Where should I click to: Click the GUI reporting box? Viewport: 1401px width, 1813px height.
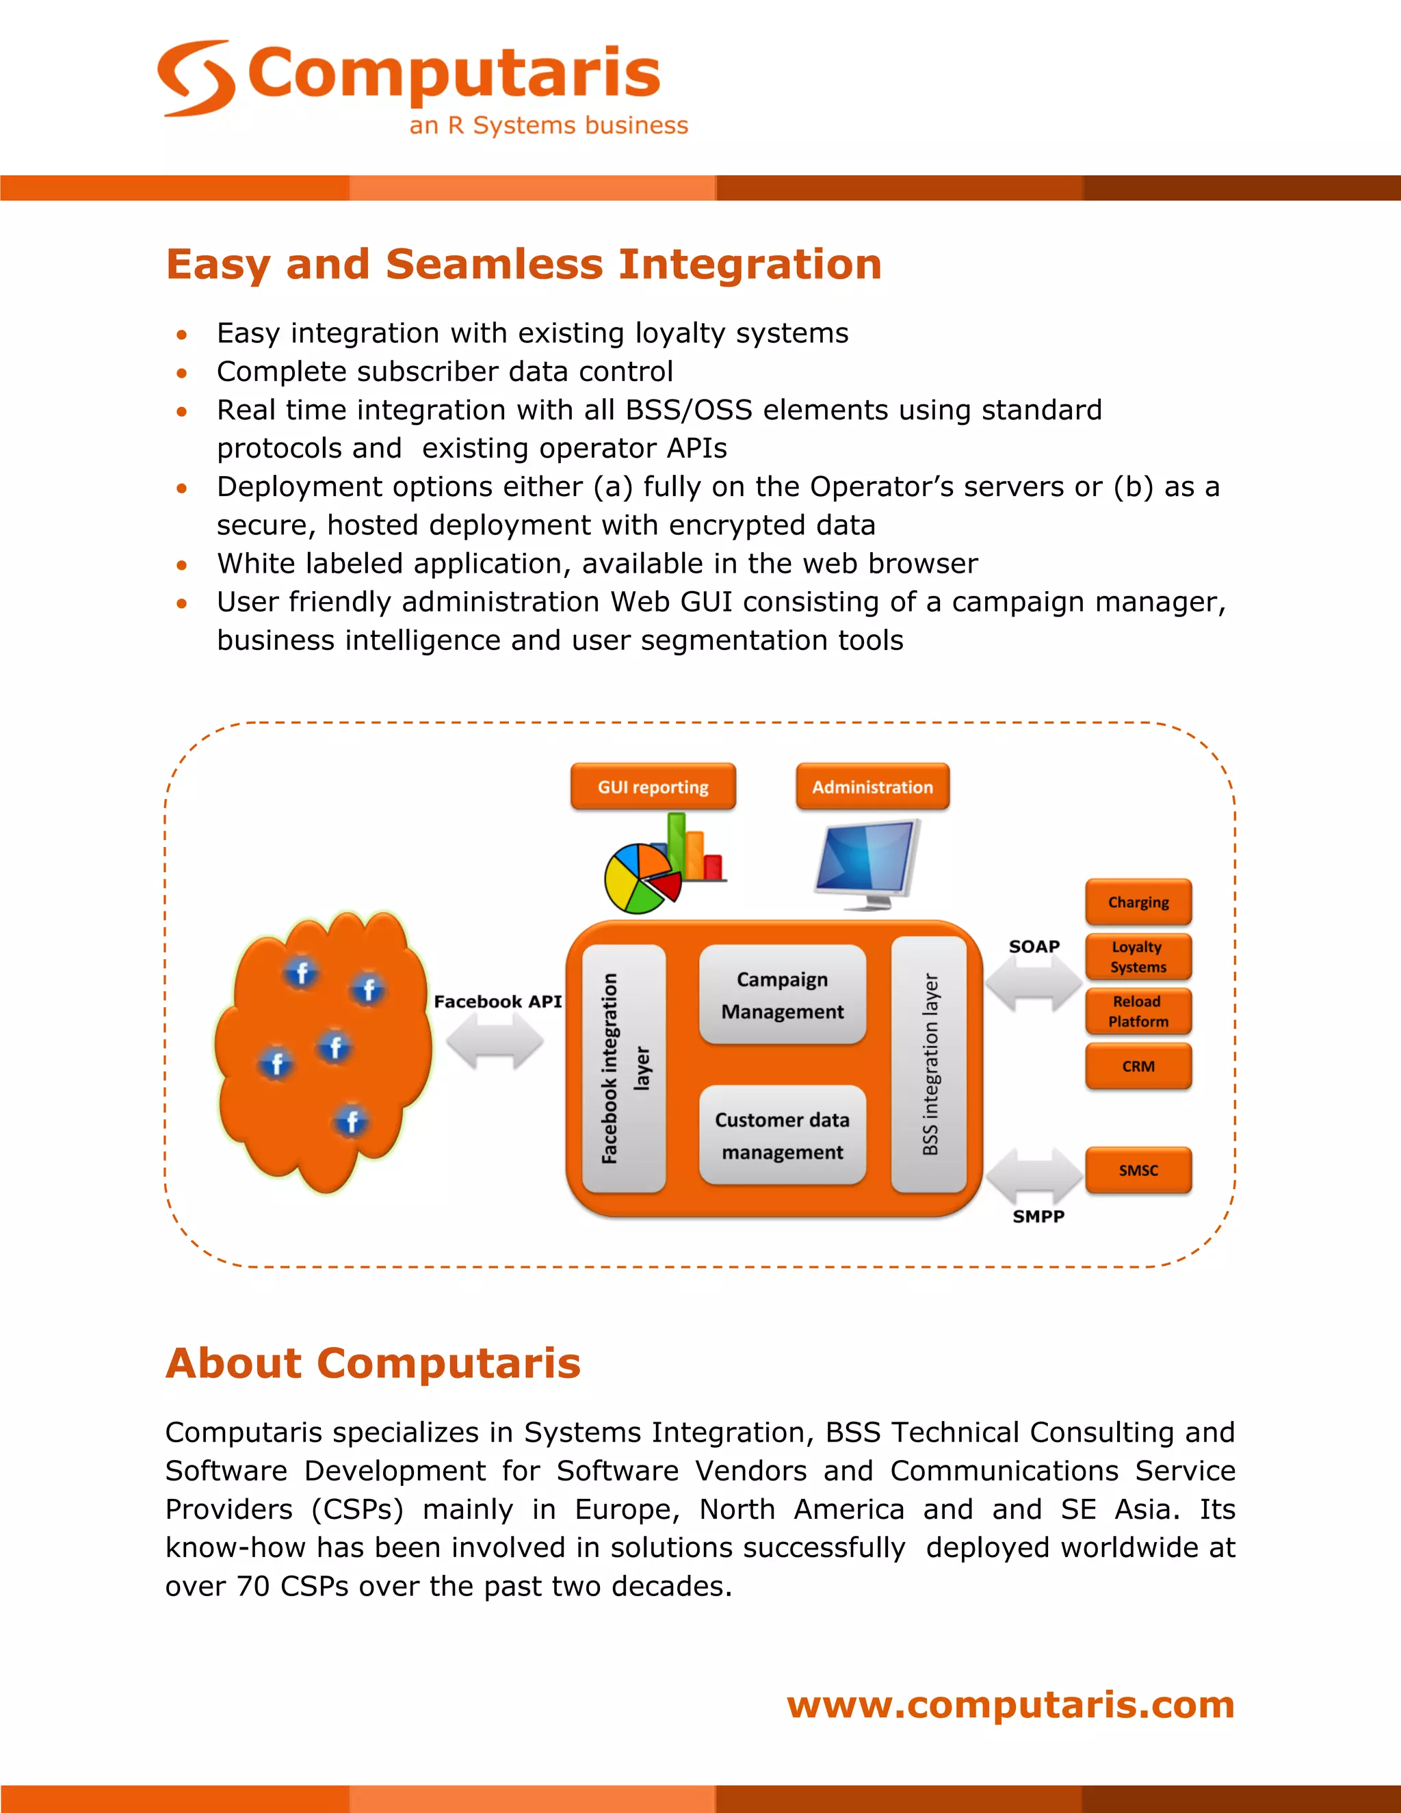[653, 786]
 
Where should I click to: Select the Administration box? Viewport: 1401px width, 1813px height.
[872, 786]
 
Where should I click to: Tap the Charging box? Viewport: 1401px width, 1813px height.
[1138, 902]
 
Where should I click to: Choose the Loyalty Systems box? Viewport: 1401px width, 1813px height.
[1138, 956]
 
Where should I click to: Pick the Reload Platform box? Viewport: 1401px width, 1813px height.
[1138, 1011]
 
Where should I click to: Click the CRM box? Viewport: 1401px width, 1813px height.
[1138, 1066]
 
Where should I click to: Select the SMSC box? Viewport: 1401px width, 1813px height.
[1138, 1170]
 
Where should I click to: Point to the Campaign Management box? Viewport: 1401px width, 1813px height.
[782, 995]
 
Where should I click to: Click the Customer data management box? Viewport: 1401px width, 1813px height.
[782, 1135]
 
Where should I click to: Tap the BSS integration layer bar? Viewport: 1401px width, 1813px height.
[930, 1065]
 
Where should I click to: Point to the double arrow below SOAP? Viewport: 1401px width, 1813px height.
[1034, 983]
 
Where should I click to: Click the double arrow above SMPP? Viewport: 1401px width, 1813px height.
[1034, 1175]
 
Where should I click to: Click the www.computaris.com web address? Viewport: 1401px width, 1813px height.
[1010, 1704]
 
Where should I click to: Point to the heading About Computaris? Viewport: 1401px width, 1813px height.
[373, 1363]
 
